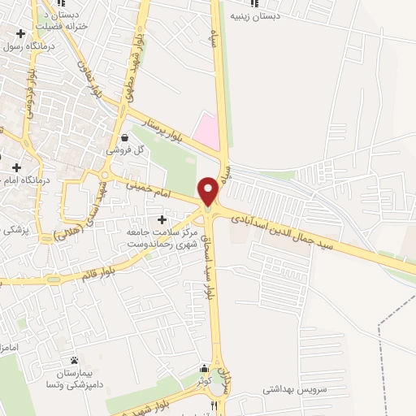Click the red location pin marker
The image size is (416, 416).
tap(208, 190)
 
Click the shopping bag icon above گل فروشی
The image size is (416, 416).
tap(124, 138)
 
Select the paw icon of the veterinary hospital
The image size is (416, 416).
tap(75, 360)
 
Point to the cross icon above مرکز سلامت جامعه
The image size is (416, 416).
tap(162, 220)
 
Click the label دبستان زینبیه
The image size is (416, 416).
tap(254, 15)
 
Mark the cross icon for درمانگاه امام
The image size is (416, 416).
tap(16, 167)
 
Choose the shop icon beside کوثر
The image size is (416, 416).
tap(202, 367)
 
